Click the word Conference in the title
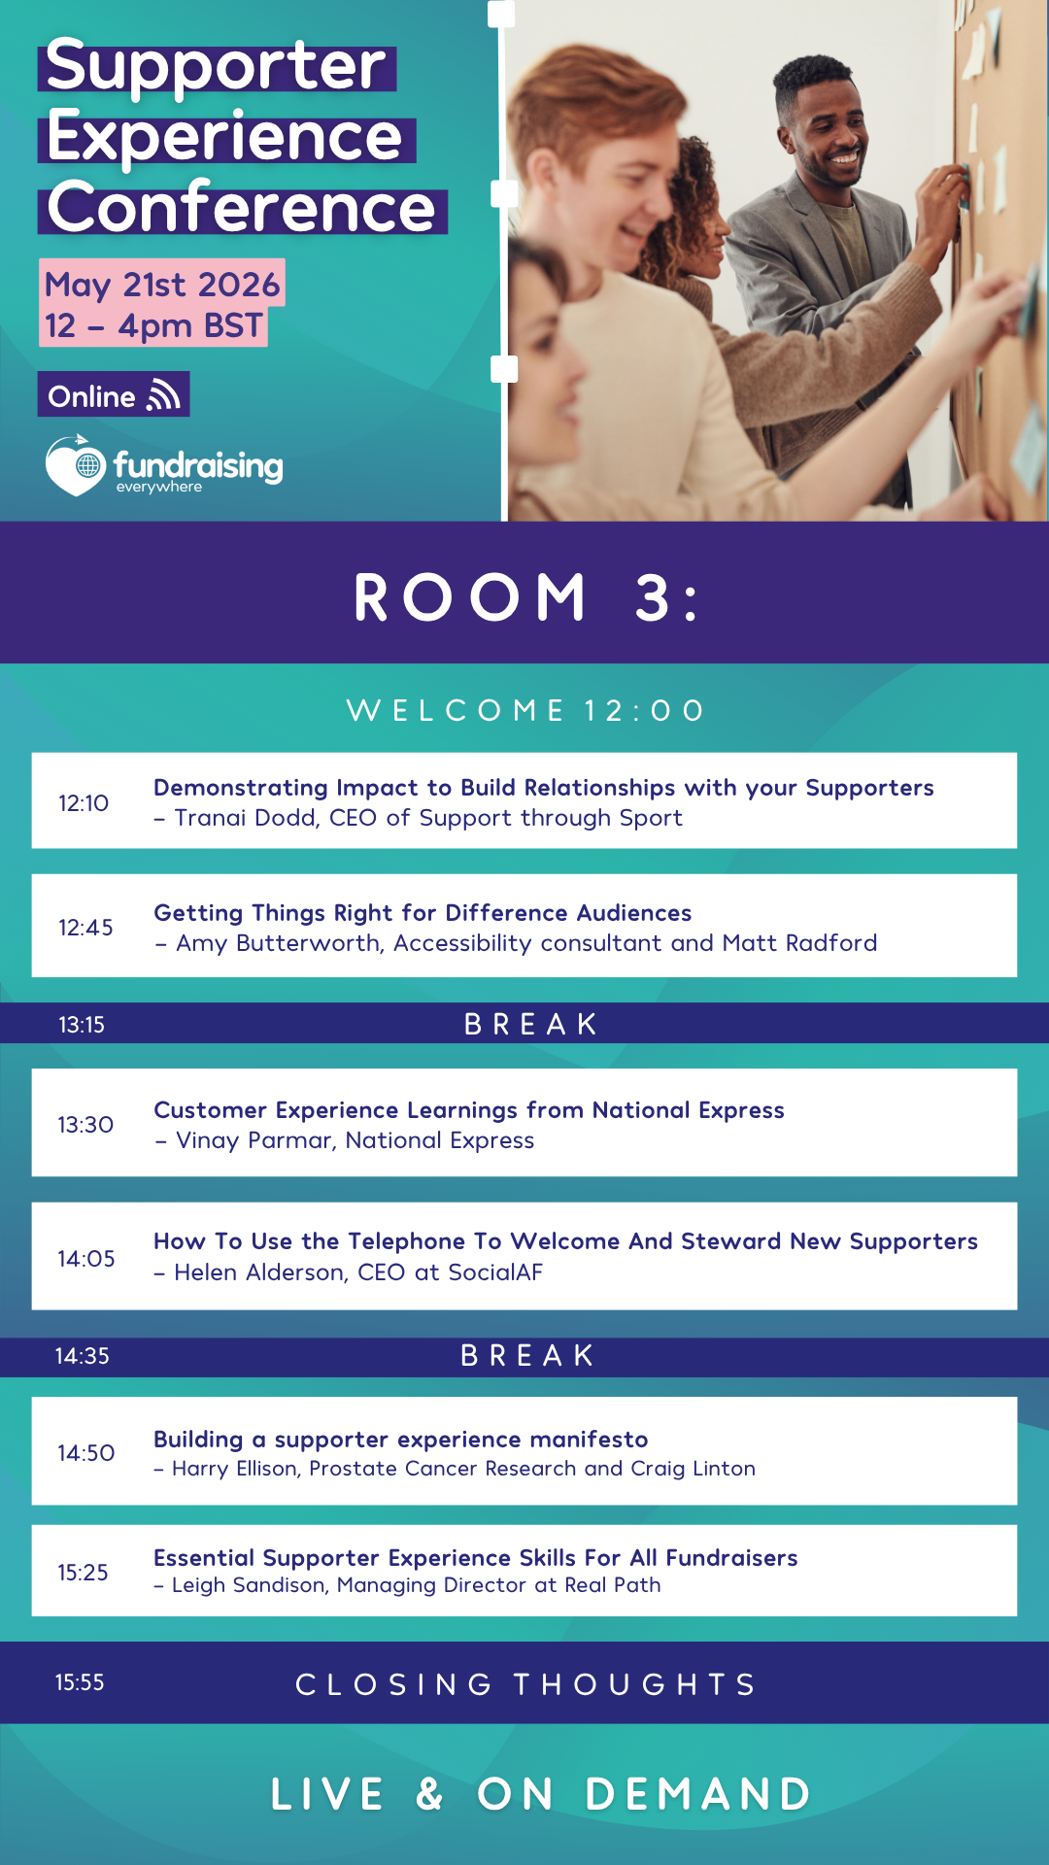coord(242,208)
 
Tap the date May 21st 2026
coord(162,284)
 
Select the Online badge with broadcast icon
coord(114,394)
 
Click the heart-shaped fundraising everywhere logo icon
coord(76,465)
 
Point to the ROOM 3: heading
coord(526,596)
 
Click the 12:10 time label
coord(84,803)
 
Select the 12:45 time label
coord(85,928)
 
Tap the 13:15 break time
coord(82,1025)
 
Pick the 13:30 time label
coord(85,1125)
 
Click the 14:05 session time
coord(86,1259)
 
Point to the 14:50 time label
coord(86,1453)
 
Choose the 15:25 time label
coord(83,1573)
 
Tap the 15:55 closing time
coord(80,1682)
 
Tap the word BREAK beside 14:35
coord(527,1355)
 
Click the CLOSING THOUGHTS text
coord(526,1684)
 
